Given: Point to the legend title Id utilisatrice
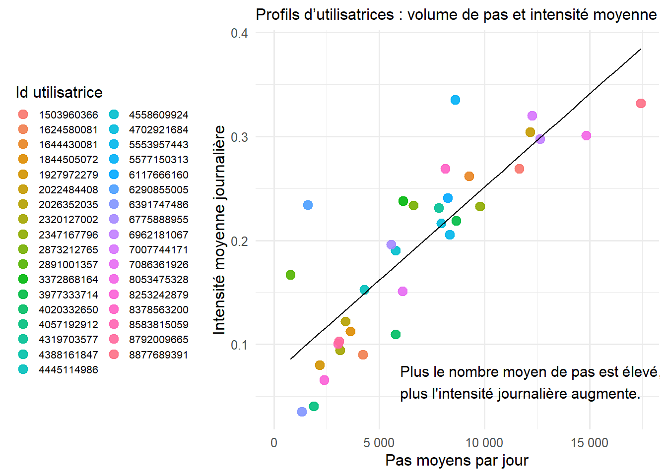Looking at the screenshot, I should (59, 92).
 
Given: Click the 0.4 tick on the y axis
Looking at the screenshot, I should (239, 33).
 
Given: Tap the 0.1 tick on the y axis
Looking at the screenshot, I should (239, 345).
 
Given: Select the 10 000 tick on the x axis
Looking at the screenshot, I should (484, 443).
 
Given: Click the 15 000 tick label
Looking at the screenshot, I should (590, 443).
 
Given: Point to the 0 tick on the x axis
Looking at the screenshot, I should (274, 443).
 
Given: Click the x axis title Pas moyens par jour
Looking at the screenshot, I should (457, 460).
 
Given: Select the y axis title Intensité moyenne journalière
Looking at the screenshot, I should (219, 230).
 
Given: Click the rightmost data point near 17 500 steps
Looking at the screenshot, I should (641, 103).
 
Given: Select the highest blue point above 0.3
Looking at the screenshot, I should (455, 100).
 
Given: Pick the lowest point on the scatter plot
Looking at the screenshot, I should (302, 412).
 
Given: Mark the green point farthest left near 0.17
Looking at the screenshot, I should (290, 275).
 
